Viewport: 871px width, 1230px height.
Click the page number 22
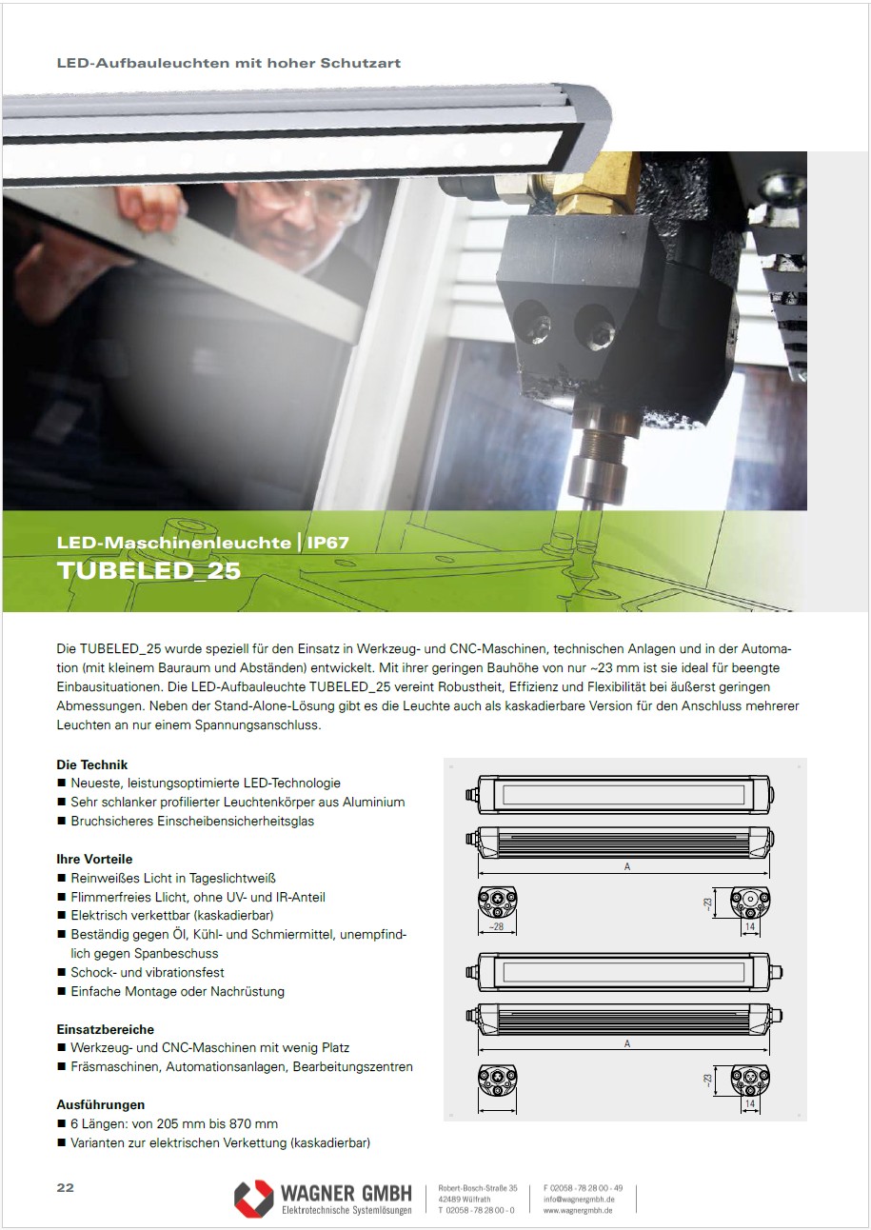65,1187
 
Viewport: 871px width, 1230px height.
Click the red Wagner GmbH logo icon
254,1200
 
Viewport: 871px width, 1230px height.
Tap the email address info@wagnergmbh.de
579,1200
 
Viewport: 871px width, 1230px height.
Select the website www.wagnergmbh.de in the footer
578,1210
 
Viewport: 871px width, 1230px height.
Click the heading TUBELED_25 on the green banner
148,570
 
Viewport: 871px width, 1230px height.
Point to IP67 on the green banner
327,543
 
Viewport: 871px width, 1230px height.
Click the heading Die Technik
91,764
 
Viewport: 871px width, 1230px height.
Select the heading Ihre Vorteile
94,859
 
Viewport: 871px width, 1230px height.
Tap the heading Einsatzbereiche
105,1029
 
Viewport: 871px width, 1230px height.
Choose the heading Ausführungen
101,1104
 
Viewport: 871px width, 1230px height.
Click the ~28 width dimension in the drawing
496,927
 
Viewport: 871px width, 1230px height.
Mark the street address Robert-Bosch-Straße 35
477,1188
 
